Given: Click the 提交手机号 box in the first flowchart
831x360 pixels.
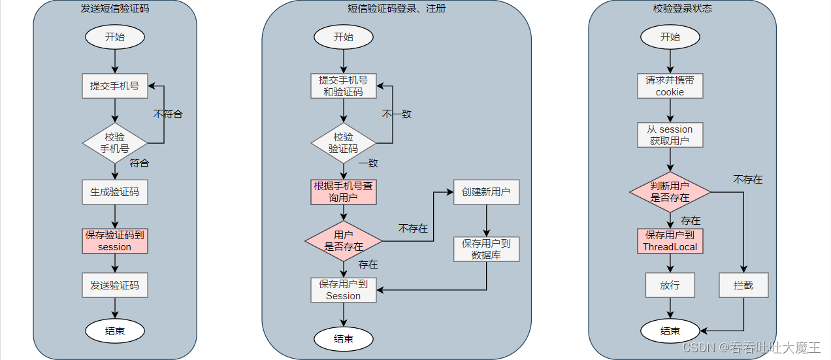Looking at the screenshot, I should [115, 86].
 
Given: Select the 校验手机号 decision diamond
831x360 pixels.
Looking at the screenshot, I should [115, 143].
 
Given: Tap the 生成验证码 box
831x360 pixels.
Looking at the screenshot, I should [115, 192].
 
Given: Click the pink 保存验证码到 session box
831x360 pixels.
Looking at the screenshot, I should [115, 240].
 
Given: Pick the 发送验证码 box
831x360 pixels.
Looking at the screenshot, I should [115, 285].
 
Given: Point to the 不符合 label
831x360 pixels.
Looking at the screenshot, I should [168, 114].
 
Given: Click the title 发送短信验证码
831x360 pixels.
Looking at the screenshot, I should [115, 8].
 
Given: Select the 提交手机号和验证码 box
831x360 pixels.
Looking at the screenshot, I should [344, 86].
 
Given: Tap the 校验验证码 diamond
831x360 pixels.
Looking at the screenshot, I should [344, 143].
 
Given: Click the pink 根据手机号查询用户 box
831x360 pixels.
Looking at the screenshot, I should [344, 191].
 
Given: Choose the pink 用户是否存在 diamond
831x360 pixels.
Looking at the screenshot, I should [344, 240].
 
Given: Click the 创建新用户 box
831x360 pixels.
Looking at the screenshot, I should [486, 192].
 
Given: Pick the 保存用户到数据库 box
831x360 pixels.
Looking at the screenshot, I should [486, 249].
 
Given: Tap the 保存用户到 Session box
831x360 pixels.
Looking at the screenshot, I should [344, 289].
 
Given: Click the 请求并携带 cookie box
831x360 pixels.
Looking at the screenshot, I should [670, 86].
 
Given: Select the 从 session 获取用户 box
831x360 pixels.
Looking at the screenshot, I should [670, 135].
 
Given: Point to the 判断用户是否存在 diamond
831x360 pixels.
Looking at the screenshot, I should [670, 191].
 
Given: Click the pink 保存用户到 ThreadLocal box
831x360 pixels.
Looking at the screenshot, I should [670, 240].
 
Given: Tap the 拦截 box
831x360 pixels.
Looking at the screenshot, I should [743, 285].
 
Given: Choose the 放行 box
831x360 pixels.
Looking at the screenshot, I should [670, 285].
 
